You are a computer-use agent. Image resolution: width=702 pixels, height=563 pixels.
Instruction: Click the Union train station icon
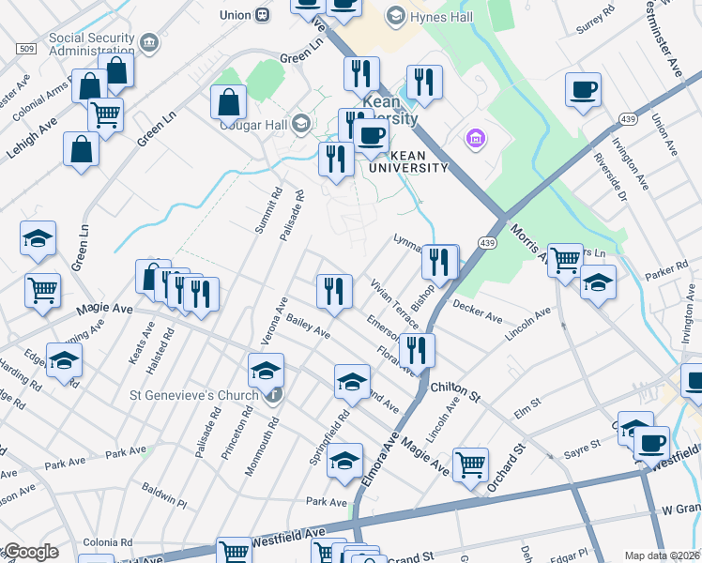coord(262,14)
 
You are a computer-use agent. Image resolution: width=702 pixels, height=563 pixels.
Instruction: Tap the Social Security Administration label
coord(92,44)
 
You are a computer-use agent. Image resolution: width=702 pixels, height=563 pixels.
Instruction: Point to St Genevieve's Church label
coord(194,395)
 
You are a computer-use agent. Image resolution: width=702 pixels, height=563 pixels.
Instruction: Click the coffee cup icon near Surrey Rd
coord(583,90)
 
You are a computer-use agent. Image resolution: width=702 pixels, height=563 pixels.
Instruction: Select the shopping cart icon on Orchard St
coord(470,463)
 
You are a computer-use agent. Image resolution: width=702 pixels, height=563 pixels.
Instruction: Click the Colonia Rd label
coord(107,542)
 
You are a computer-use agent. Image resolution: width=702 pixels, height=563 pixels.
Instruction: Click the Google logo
coord(30,553)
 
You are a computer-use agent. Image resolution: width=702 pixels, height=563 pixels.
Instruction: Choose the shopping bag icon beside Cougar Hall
coord(229,101)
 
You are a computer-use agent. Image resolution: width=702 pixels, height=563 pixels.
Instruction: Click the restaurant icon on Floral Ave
coord(417,350)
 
